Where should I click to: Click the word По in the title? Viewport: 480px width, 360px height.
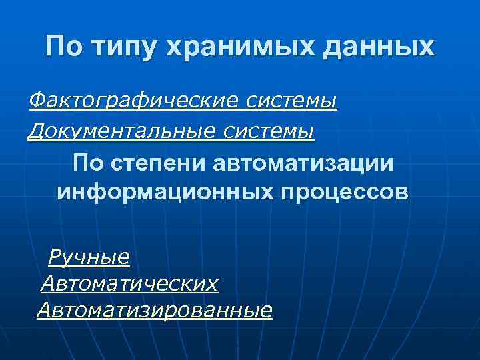click(65, 47)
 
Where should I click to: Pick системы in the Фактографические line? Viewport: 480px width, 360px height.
click(292, 101)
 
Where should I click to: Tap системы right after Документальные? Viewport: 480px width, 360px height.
click(269, 131)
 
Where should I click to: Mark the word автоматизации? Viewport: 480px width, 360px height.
click(304, 163)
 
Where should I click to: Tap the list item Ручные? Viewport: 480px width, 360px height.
click(89, 256)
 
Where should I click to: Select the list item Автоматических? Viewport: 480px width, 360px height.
click(129, 284)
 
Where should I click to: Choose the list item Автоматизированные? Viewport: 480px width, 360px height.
click(155, 311)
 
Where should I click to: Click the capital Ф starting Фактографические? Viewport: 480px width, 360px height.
click(36, 101)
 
